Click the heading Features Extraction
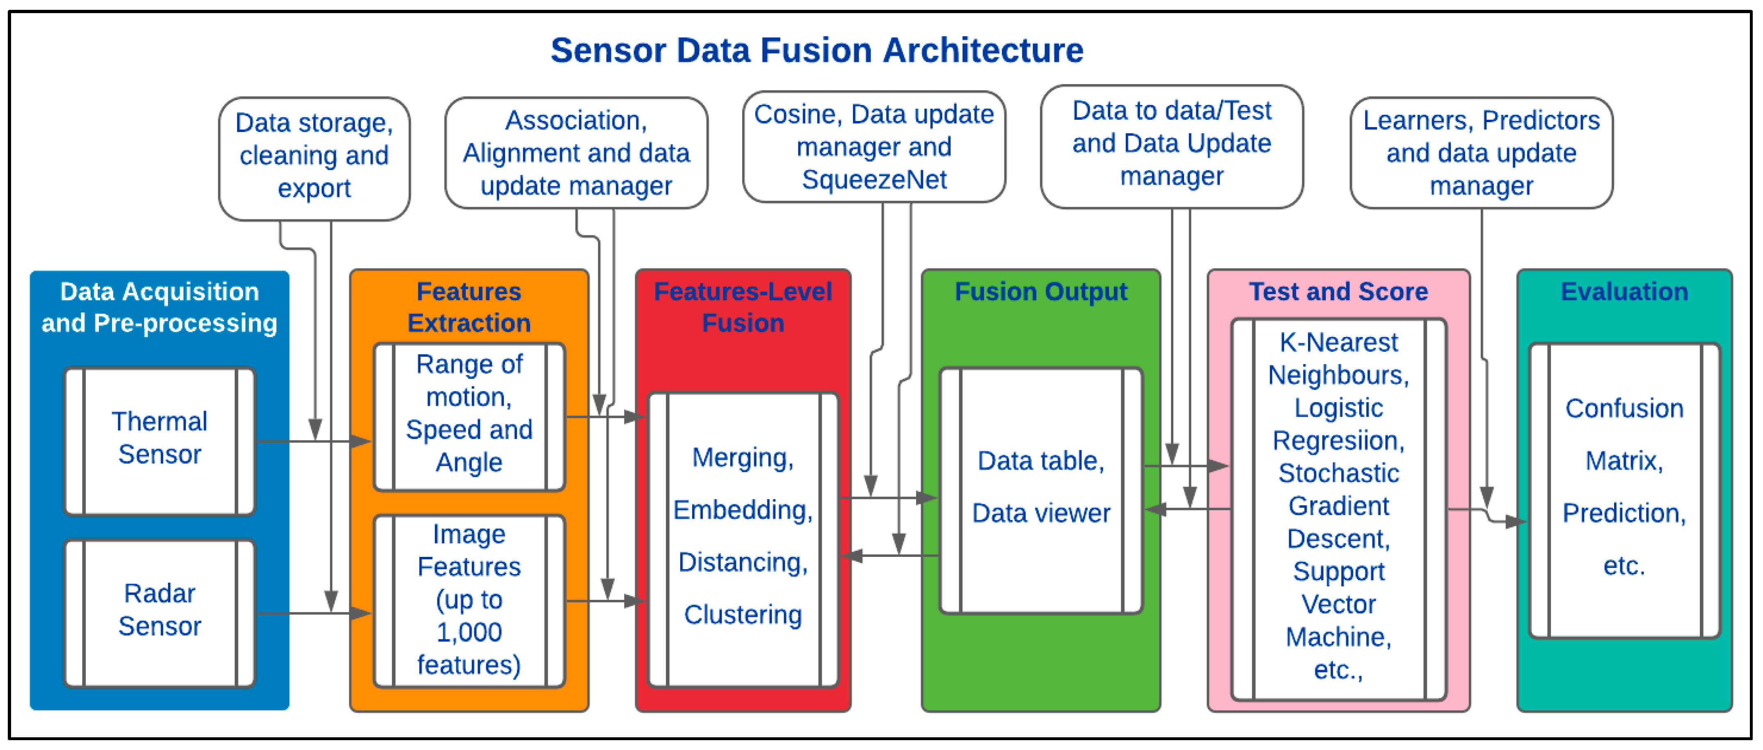point(469,307)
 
